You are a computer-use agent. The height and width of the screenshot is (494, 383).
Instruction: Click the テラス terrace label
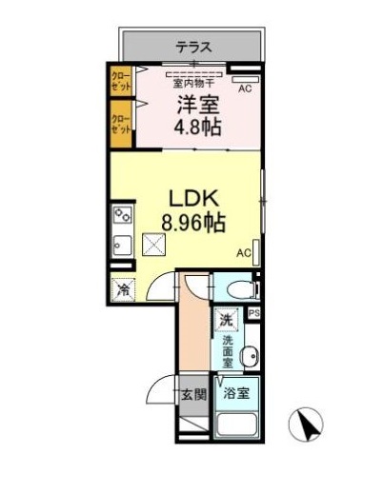(192, 46)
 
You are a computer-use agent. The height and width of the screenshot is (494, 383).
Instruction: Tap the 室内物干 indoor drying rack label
(192, 82)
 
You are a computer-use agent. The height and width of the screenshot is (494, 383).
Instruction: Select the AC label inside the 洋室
(244, 89)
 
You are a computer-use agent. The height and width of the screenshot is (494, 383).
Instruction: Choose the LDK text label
(194, 200)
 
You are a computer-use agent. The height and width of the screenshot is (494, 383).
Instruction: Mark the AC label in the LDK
(243, 252)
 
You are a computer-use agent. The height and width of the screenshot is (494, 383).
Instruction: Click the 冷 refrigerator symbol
(123, 287)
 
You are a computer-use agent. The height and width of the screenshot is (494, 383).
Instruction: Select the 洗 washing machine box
(227, 320)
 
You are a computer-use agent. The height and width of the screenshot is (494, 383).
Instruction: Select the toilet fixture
(237, 288)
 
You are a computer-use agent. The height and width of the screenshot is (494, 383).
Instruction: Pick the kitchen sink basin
(122, 244)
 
